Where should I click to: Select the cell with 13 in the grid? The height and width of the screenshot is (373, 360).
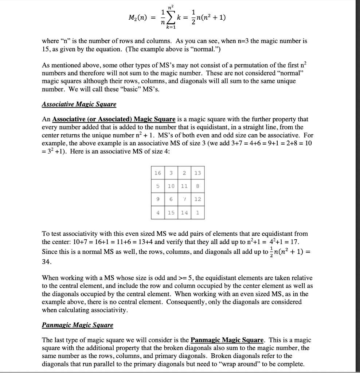click(x=197, y=173)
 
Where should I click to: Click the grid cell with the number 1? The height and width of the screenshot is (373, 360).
click(x=197, y=212)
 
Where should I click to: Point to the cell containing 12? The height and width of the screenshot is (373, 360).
click(x=197, y=199)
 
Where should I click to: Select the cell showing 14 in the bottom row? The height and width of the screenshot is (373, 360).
click(x=184, y=212)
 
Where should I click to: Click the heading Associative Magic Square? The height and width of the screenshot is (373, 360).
click(x=79, y=105)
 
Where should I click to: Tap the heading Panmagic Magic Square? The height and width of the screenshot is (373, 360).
click(x=78, y=325)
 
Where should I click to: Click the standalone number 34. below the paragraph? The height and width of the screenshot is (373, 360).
click(x=47, y=262)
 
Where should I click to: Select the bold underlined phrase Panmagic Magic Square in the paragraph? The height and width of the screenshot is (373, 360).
click(x=227, y=340)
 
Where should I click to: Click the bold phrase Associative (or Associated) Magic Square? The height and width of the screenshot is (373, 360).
click(x=114, y=119)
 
